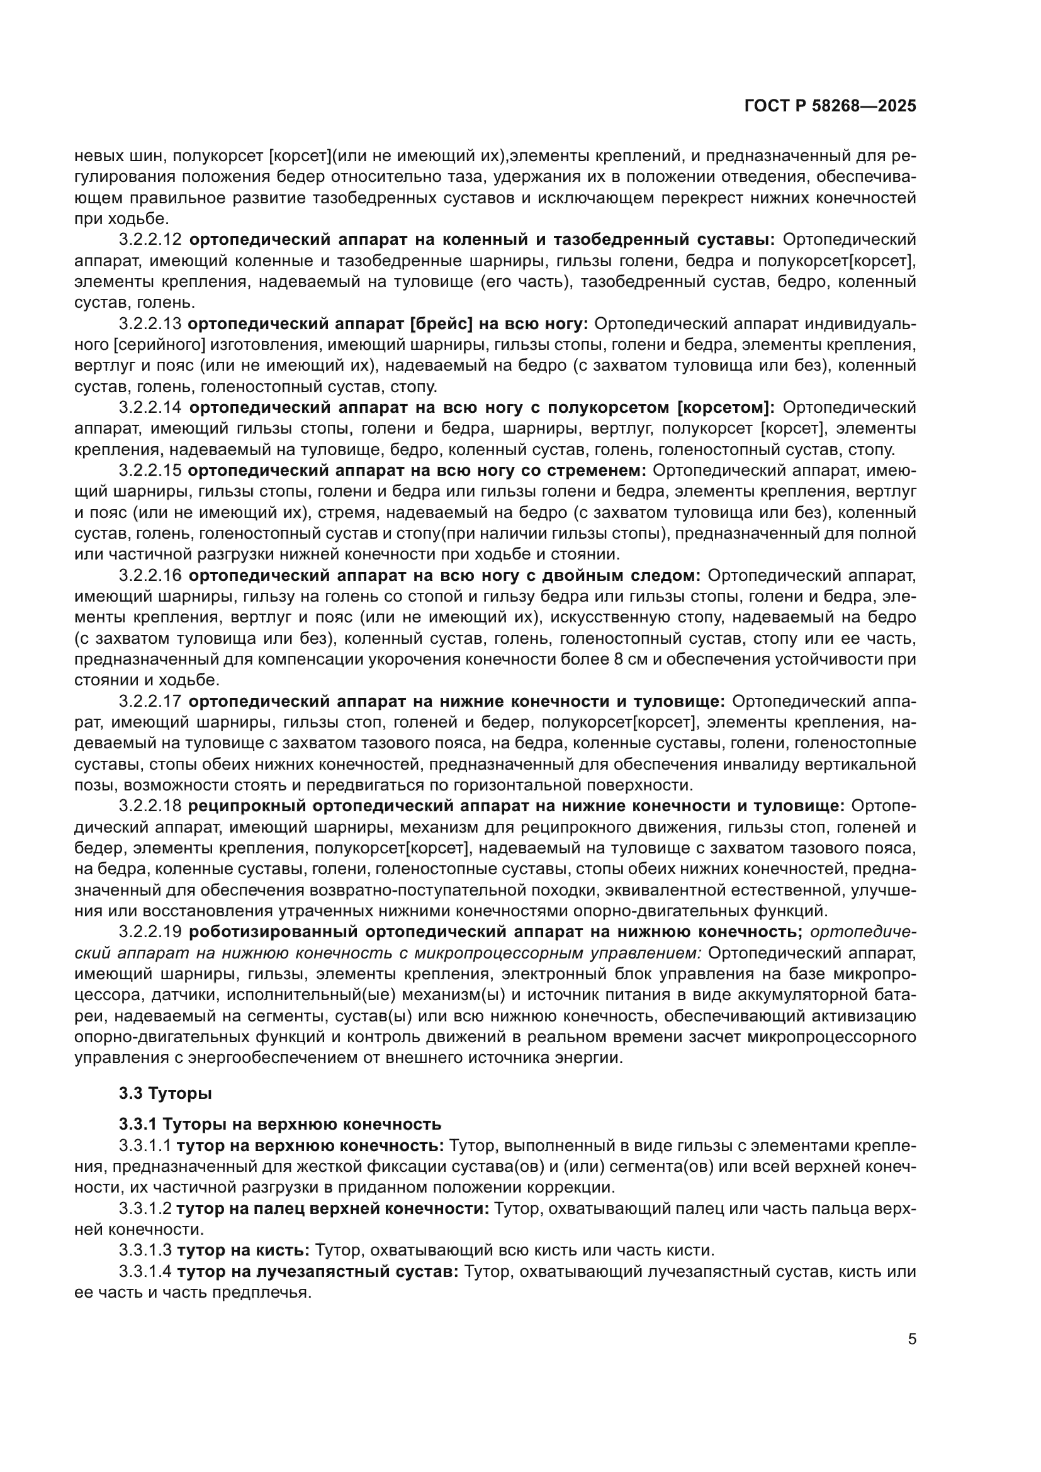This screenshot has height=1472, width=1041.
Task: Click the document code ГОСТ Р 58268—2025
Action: (830, 106)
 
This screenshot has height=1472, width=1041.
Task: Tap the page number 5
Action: (911, 1339)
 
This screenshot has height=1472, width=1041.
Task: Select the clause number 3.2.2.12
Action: (150, 240)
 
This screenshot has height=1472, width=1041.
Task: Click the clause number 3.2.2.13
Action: (150, 323)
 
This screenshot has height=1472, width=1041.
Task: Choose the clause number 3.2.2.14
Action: (150, 408)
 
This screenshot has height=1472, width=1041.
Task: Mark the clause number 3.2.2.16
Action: (150, 576)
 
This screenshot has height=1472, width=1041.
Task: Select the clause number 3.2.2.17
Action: (150, 701)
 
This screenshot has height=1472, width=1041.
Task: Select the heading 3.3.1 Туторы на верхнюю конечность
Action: (279, 1124)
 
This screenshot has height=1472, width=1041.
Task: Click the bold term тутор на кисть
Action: (244, 1250)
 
